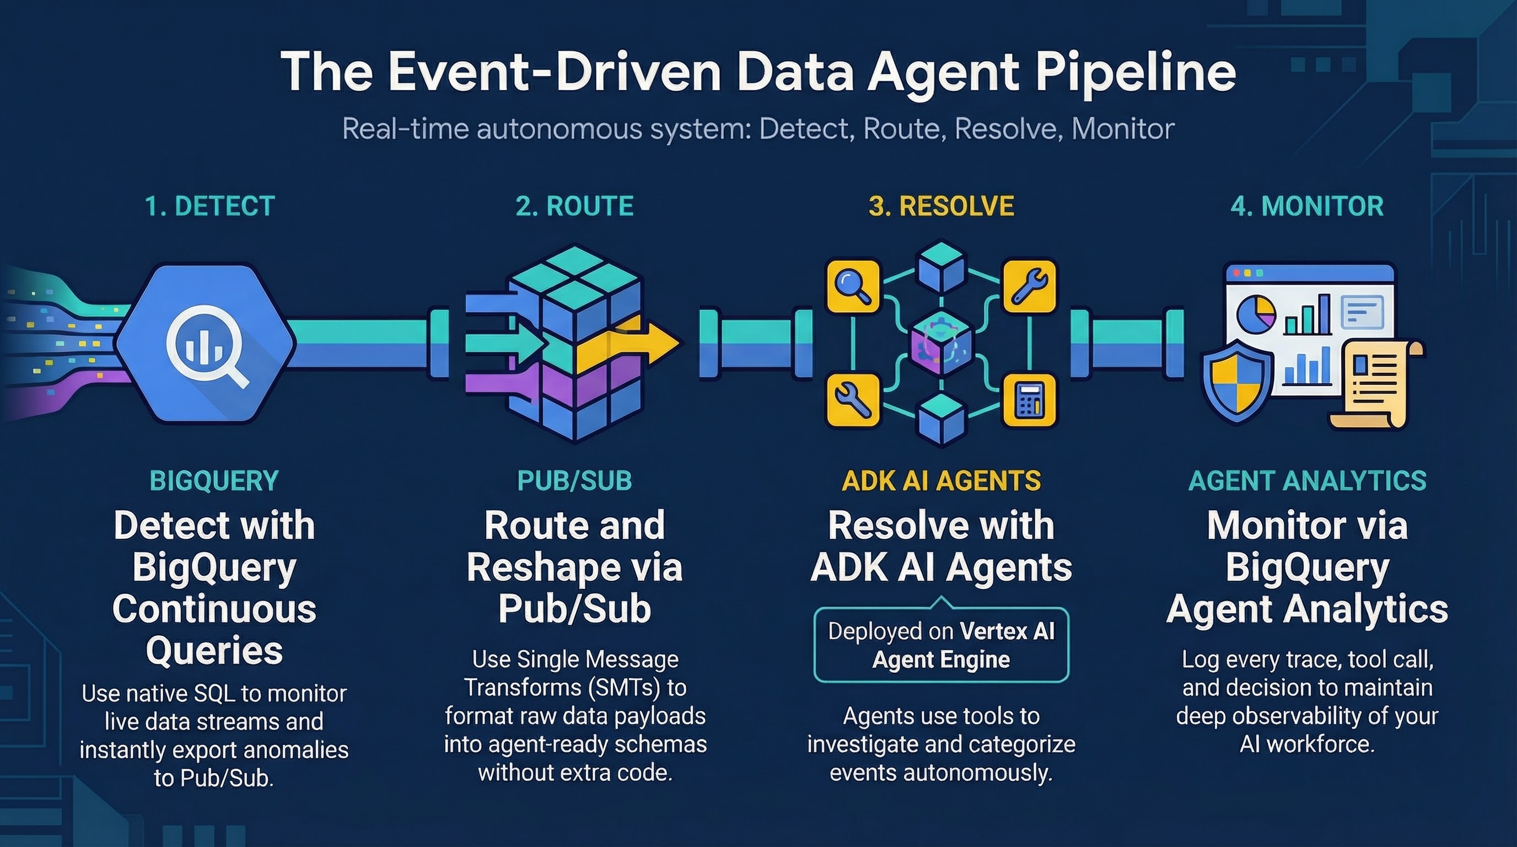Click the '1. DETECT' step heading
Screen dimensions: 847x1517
pos(209,206)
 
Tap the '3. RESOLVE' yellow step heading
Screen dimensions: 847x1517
pos(940,206)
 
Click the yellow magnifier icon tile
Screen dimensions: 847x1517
pos(853,286)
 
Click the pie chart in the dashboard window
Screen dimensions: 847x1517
pos(1256,314)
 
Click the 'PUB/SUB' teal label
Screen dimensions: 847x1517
pos(574,481)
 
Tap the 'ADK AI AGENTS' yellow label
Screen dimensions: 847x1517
pos(940,481)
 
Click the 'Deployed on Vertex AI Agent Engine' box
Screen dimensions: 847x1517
pos(940,645)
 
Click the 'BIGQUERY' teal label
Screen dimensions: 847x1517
pos(214,481)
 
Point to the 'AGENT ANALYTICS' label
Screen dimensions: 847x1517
pos(1307,481)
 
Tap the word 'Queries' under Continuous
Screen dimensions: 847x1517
pos(214,651)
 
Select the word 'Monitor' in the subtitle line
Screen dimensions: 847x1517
pos(1122,129)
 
